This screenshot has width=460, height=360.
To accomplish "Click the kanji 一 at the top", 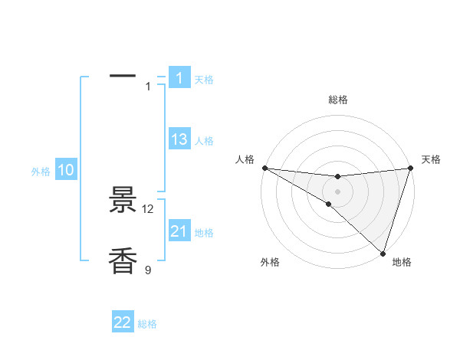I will click(123, 76).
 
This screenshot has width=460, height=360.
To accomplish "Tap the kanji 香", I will click(123, 261).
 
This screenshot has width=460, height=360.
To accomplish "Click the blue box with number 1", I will click(179, 77).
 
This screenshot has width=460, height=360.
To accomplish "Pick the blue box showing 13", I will click(179, 139).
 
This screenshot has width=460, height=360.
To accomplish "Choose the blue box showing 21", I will click(179, 231).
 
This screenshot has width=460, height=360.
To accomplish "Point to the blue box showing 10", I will click(66, 170).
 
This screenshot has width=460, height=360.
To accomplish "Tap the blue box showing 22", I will click(123, 322).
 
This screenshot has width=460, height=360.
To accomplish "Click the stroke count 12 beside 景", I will click(148, 208).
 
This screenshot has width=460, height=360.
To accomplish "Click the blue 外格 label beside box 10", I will click(41, 172).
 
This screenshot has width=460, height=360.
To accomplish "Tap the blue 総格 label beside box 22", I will click(147, 324).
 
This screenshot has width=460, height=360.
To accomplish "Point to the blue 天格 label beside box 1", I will click(204, 79).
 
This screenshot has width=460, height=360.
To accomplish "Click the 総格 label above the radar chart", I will click(338, 100).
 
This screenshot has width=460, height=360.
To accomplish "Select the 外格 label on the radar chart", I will click(269, 262).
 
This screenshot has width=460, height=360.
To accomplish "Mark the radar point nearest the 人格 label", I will click(264, 167).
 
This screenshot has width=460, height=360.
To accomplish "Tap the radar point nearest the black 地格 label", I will click(383, 253).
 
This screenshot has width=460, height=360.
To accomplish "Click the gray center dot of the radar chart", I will click(337, 191).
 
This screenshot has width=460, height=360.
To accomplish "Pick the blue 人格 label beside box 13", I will click(204, 141).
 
